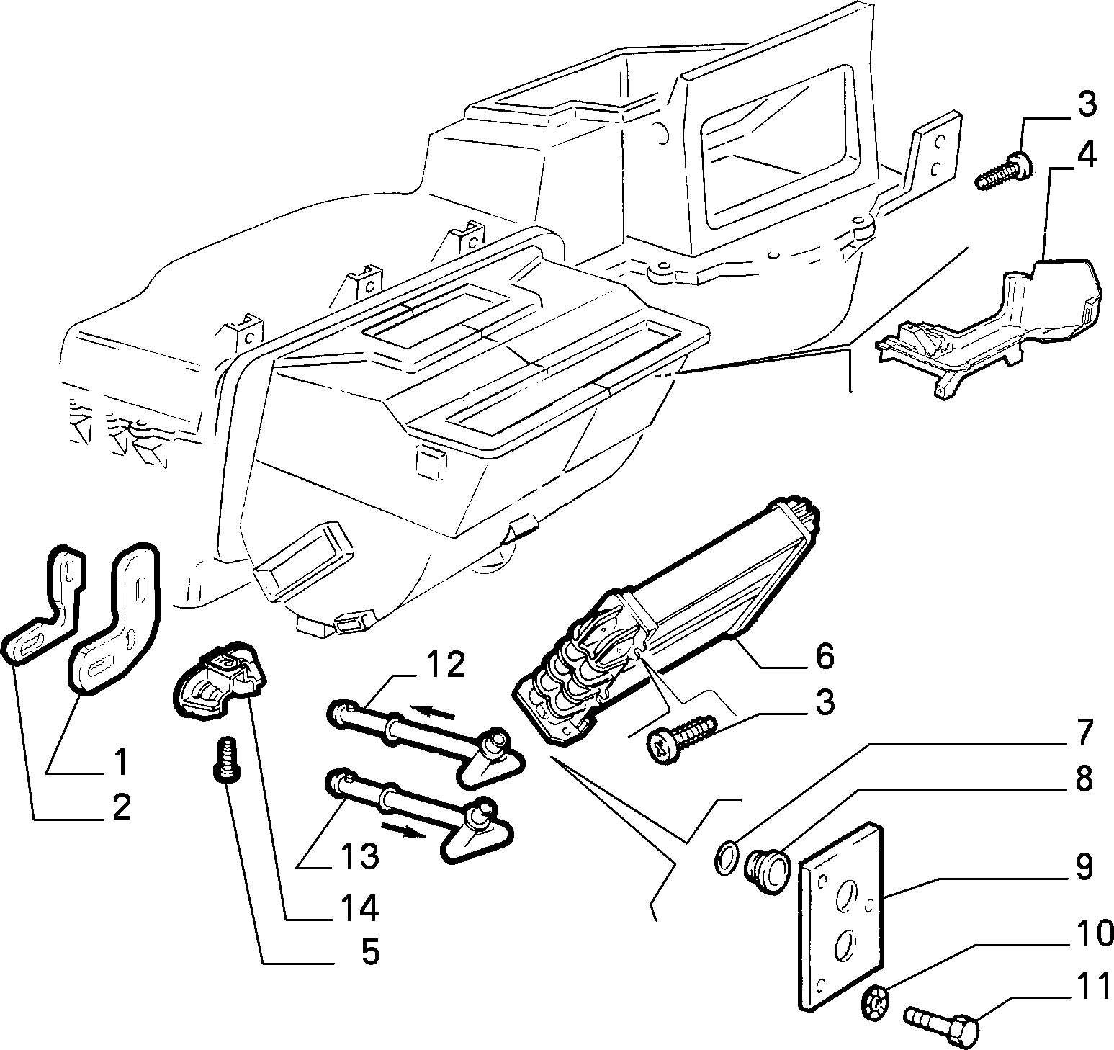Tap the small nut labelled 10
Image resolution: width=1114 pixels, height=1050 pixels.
pos(873,1000)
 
